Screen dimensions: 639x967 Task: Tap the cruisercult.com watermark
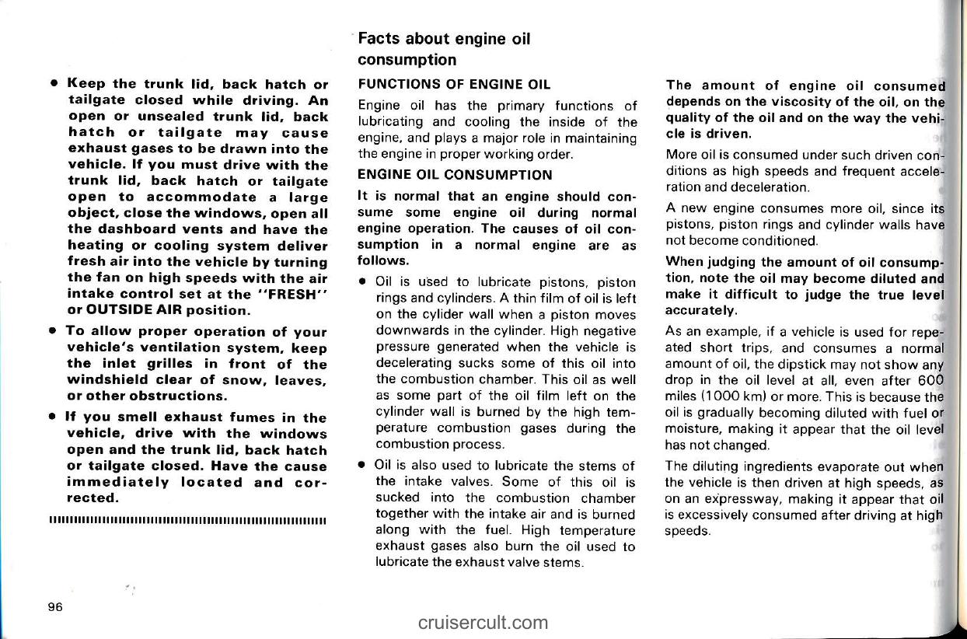click(x=482, y=622)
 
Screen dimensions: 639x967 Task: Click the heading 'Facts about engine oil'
click(x=444, y=39)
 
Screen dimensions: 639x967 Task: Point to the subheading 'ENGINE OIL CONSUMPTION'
click(x=454, y=175)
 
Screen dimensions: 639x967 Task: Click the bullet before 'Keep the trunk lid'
click(x=51, y=84)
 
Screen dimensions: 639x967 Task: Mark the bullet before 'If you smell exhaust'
click(x=51, y=418)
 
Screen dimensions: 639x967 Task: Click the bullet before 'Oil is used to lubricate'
click(x=363, y=281)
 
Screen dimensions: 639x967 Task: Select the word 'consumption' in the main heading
click(x=407, y=60)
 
